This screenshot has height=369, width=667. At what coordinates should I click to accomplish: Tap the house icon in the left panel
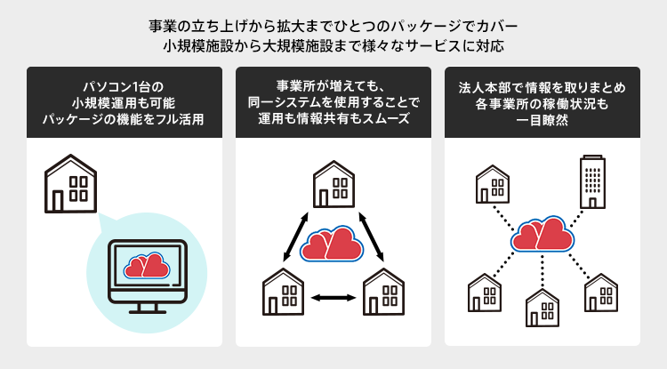(71, 184)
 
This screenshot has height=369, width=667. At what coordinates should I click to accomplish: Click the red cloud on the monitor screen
(147, 265)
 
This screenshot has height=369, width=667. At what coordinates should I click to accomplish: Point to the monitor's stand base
(147, 309)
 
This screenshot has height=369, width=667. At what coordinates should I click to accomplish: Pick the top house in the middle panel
(333, 185)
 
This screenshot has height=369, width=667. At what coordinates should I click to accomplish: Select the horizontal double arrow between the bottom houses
(333, 297)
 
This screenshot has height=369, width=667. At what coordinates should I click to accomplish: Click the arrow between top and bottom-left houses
(296, 237)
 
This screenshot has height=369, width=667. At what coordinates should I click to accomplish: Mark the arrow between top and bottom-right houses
(371, 237)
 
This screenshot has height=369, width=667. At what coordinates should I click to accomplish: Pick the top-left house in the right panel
(492, 186)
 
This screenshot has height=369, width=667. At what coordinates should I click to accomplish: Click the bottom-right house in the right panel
(600, 293)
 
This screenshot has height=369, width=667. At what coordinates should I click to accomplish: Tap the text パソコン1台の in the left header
(124, 88)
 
